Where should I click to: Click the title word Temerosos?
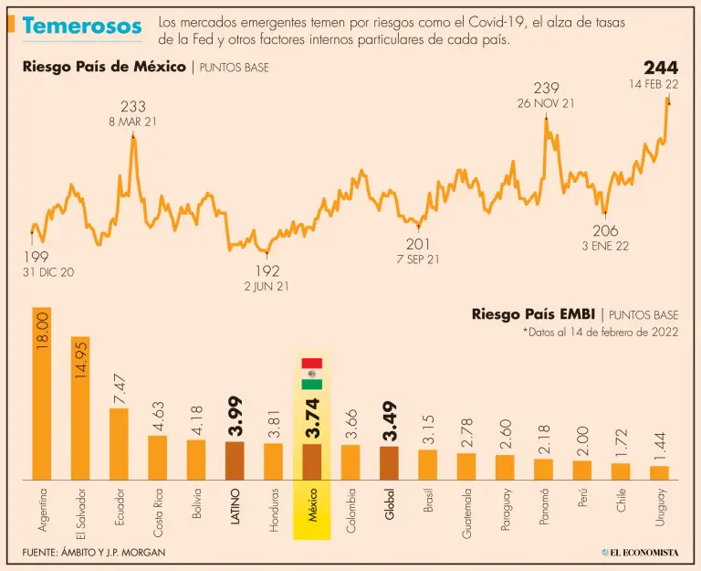(x=82, y=26)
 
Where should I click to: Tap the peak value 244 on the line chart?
(x=661, y=68)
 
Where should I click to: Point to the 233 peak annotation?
(x=133, y=107)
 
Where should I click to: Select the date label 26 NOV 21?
(x=546, y=103)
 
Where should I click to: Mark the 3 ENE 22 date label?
(x=605, y=246)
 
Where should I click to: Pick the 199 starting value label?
(x=36, y=258)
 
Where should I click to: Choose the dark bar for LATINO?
(x=235, y=461)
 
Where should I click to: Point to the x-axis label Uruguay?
(x=660, y=507)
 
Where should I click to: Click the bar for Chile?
(x=621, y=471)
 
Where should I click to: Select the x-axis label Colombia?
(x=350, y=510)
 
